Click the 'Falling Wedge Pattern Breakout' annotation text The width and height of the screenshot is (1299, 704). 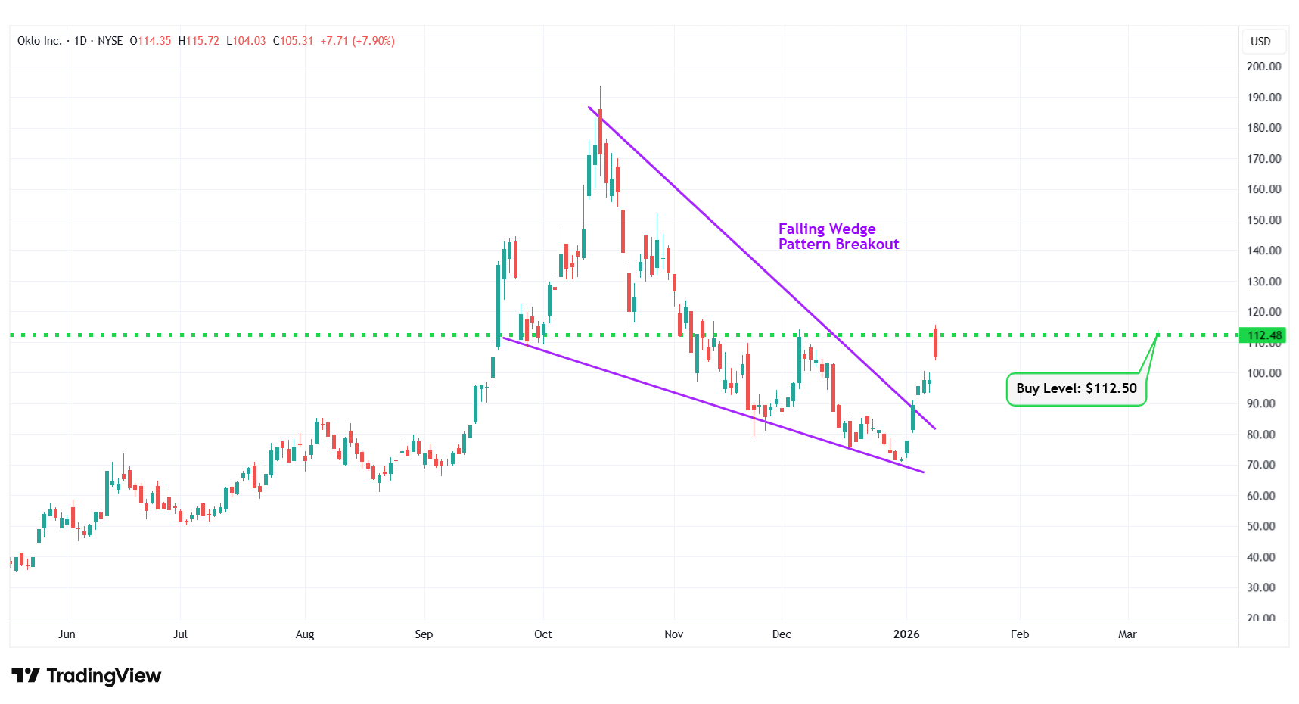pyautogui.click(x=838, y=236)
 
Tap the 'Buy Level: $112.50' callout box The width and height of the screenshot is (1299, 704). pyautogui.click(x=1076, y=388)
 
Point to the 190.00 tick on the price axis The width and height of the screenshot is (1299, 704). pyautogui.click(x=1263, y=97)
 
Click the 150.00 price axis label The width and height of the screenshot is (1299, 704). pyautogui.click(x=1263, y=220)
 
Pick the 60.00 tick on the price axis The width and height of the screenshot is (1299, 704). pyautogui.click(x=1263, y=496)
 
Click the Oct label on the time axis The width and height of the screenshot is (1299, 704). pyautogui.click(x=542, y=634)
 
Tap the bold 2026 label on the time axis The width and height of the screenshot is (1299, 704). pyautogui.click(x=906, y=634)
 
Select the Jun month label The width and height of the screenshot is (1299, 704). pyautogui.click(x=67, y=634)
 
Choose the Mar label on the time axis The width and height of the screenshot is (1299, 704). pyautogui.click(x=1127, y=634)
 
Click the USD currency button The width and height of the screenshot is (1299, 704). pyautogui.click(x=1260, y=42)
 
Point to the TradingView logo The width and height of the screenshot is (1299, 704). pyautogui.click(x=86, y=675)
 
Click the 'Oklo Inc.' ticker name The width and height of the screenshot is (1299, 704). pyautogui.click(x=39, y=41)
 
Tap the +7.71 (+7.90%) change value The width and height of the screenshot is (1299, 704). pyautogui.click(x=357, y=41)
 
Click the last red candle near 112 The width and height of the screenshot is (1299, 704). pyautogui.click(x=936, y=343)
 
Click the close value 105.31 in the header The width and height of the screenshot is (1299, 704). pyautogui.click(x=297, y=41)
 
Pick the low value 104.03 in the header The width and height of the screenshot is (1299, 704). pyautogui.click(x=249, y=41)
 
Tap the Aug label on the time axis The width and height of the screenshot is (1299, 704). pyautogui.click(x=304, y=634)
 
